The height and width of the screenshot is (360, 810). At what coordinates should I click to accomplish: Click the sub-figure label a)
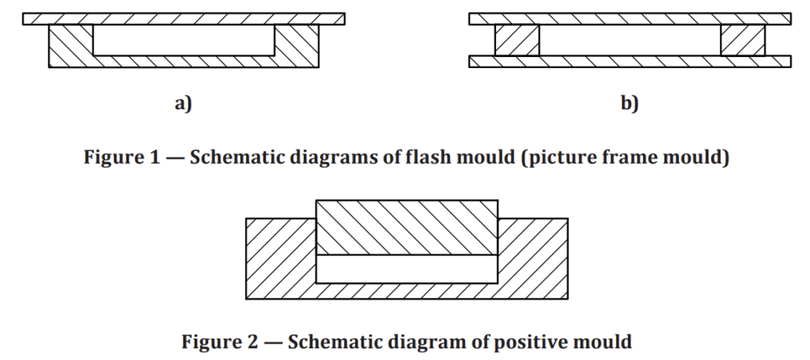pyautogui.click(x=184, y=104)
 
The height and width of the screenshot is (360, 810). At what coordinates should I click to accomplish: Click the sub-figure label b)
pyautogui.click(x=630, y=104)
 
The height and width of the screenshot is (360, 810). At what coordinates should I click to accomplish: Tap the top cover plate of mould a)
pyautogui.click(x=184, y=19)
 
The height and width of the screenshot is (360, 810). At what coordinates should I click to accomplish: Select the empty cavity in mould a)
pyautogui.click(x=184, y=40)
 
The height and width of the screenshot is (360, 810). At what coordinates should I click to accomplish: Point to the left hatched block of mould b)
pyautogui.click(x=517, y=40)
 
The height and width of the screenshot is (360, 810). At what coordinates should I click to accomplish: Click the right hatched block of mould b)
pyautogui.click(x=743, y=40)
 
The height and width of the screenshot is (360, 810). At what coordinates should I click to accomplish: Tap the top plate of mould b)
pyautogui.click(x=630, y=19)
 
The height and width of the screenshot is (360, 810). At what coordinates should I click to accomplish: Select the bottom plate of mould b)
pyautogui.click(x=630, y=62)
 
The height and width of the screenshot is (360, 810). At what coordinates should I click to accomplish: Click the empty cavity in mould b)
pyautogui.click(x=630, y=40)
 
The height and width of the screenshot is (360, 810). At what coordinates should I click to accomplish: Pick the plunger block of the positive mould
pyautogui.click(x=407, y=227)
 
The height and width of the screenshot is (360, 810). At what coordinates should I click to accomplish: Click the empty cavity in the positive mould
pyautogui.click(x=407, y=268)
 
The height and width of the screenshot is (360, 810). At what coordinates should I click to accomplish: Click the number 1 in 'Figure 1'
pyautogui.click(x=156, y=157)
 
